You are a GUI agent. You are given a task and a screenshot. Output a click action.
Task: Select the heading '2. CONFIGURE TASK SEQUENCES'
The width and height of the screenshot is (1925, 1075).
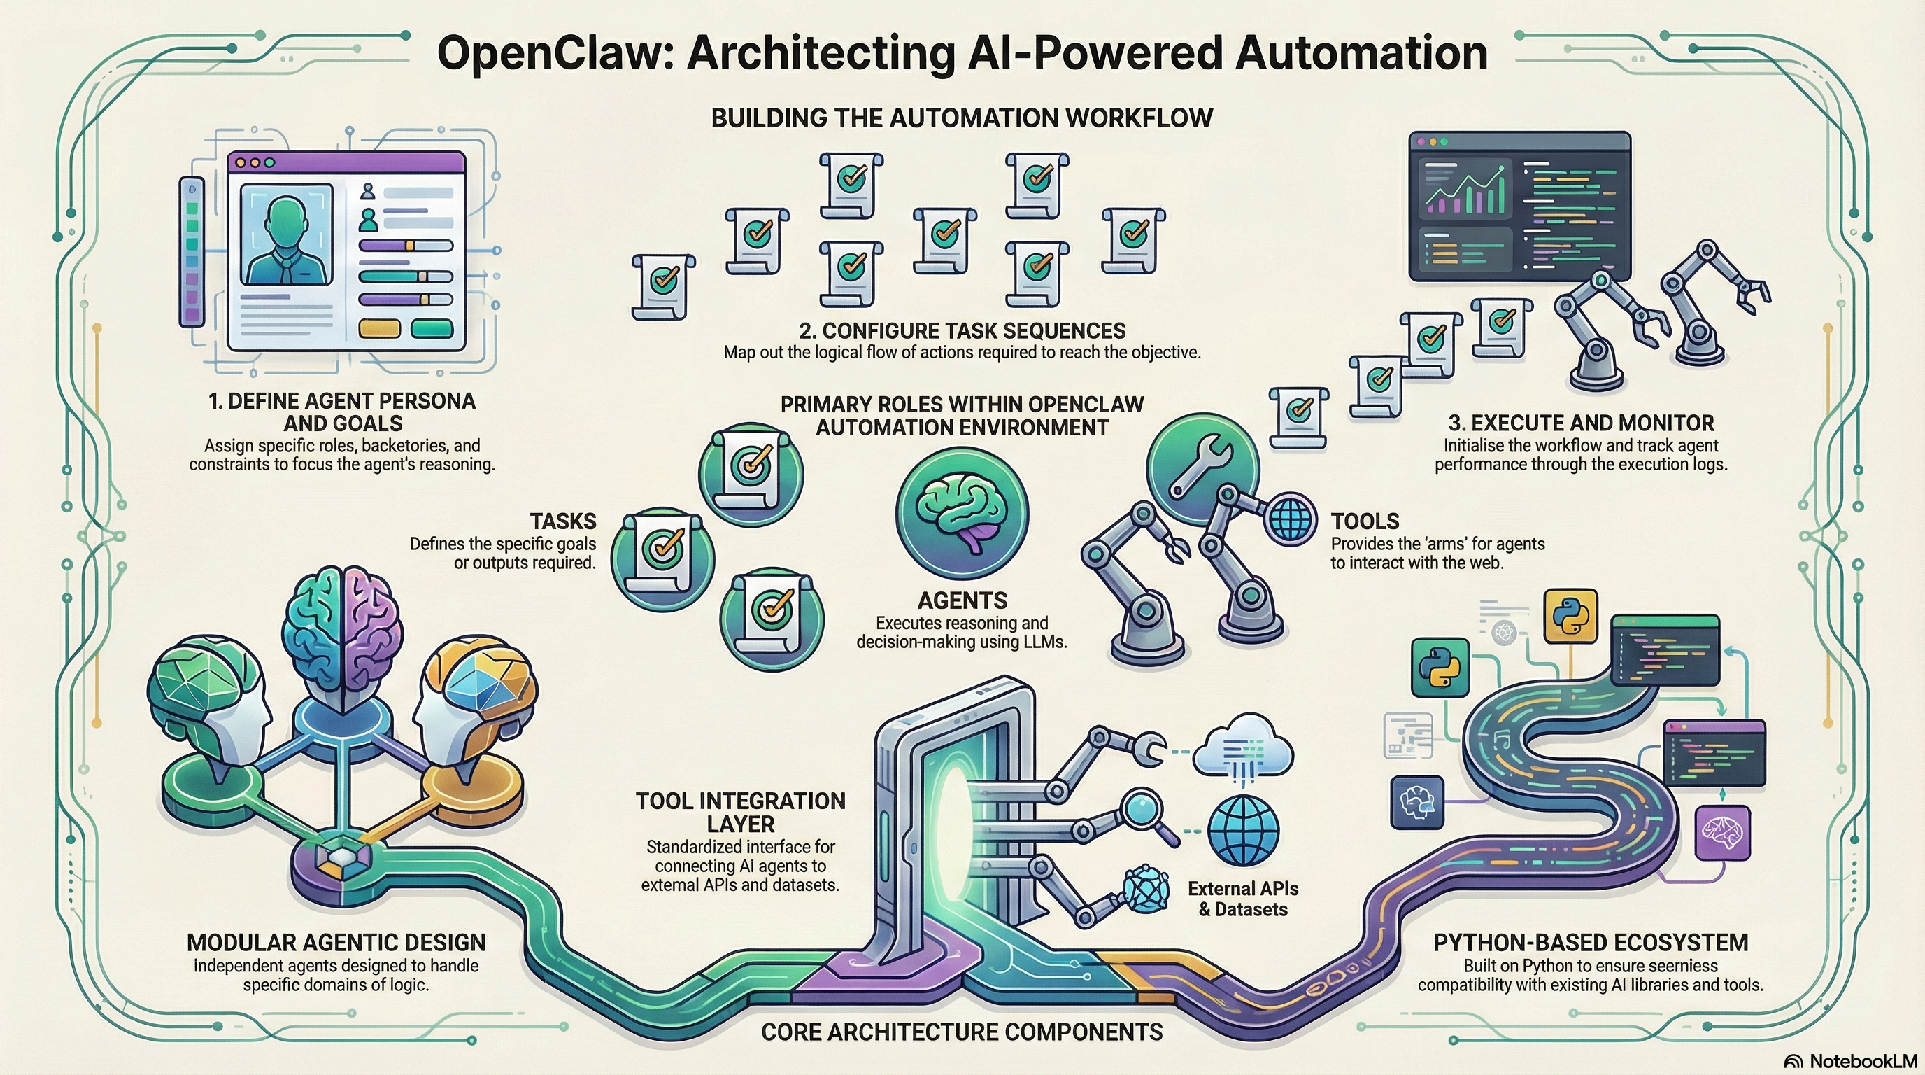(963, 330)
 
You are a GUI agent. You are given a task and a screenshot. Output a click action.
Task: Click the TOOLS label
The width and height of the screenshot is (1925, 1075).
(1365, 521)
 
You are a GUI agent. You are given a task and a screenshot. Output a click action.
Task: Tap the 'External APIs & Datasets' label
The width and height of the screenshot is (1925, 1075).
(1243, 899)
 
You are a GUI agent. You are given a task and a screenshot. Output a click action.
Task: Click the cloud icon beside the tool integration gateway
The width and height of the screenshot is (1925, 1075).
(1243, 747)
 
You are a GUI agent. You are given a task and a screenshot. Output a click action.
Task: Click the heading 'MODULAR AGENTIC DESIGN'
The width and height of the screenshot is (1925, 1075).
(336, 942)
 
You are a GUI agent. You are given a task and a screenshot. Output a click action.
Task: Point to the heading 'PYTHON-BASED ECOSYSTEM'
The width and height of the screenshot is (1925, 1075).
(1590, 942)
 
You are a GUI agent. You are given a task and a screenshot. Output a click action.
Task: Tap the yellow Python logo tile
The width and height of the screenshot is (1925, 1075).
(1570, 617)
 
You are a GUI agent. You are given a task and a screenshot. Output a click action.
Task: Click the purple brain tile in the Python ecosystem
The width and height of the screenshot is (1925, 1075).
(1722, 832)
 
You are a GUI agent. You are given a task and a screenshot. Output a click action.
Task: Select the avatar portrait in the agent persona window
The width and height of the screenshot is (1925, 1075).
(286, 234)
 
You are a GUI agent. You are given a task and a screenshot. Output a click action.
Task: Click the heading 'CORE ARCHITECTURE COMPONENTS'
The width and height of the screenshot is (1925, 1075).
(962, 1032)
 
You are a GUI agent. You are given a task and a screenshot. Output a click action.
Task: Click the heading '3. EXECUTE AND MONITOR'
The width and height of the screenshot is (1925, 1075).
(1581, 423)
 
